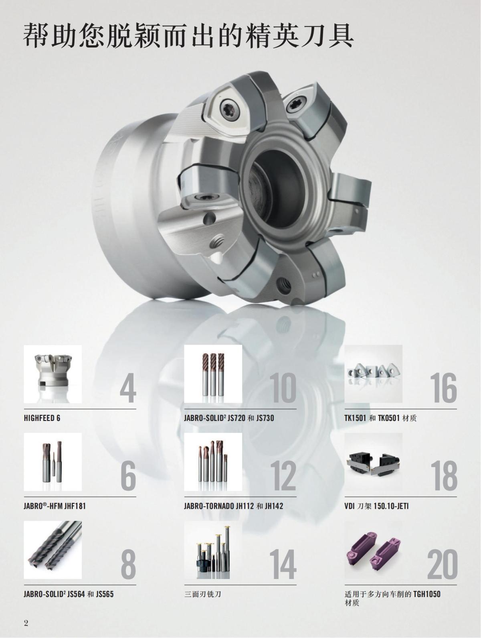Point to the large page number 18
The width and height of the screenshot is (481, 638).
click(445, 475)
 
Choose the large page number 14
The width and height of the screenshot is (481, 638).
click(283, 563)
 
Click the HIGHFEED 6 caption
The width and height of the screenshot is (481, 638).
click(42, 418)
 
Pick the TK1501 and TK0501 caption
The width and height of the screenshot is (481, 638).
click(380, 418)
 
